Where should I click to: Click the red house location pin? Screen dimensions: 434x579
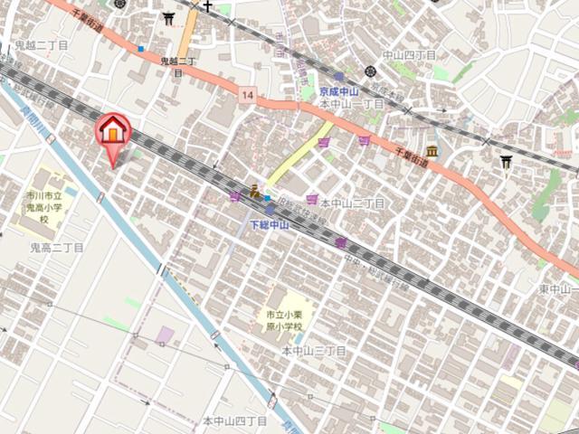point(113,132)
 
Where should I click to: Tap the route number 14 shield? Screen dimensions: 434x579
point(247,94)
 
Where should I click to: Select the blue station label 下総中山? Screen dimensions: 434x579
point(269,224)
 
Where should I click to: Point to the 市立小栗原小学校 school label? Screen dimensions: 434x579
point(282,320)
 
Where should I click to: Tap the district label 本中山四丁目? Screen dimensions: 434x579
point(234,421)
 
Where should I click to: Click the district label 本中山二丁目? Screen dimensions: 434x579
point(352,203)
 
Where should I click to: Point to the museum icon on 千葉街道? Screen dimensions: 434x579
point(432,152)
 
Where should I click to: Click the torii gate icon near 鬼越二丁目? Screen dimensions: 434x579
point(168,18)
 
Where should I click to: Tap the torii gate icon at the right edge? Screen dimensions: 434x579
point(506,162)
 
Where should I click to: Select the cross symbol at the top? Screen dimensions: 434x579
point(207,7)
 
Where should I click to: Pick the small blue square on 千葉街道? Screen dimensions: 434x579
point(140,48)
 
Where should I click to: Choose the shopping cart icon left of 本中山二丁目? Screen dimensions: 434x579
point(311,199)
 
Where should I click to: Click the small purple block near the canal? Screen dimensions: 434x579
point(164,335)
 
